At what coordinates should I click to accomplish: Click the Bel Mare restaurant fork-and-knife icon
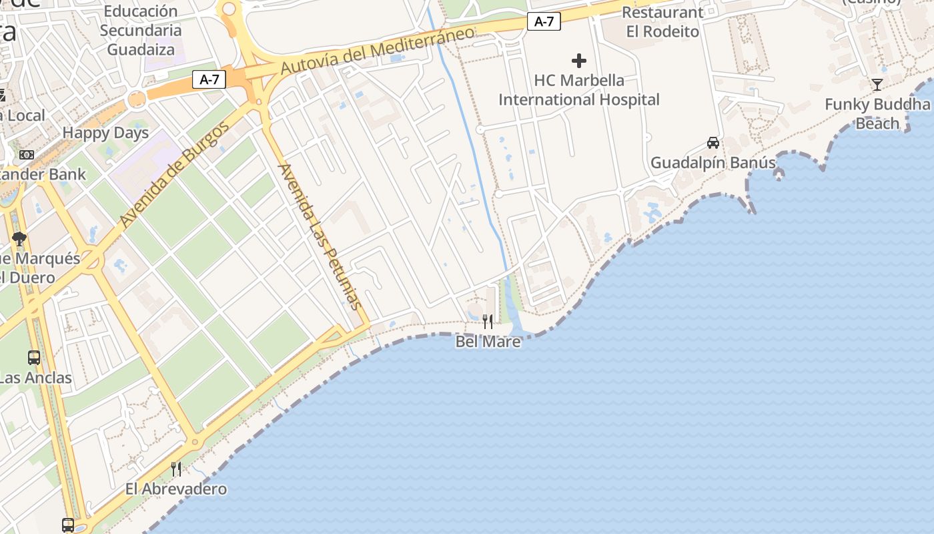488,322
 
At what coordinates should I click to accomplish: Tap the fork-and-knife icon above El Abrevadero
176,469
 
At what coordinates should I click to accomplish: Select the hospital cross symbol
579,61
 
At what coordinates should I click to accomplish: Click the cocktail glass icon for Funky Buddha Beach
877,85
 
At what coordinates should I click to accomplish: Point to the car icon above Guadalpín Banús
713,143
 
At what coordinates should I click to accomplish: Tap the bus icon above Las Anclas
34,358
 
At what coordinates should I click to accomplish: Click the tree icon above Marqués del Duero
19,238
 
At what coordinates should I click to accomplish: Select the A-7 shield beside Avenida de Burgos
209,80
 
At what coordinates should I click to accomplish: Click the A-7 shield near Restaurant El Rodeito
544,22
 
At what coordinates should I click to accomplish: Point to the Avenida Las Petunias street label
320,236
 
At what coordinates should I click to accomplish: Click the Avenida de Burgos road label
175,175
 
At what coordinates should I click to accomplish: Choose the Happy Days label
105,133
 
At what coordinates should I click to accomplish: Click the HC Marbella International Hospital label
579,90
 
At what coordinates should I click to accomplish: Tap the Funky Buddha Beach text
877,114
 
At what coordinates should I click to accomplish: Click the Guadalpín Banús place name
713,163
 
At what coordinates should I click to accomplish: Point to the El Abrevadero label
176,489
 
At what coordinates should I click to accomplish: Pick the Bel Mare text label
488,342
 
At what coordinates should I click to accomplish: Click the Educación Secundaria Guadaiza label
141,30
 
